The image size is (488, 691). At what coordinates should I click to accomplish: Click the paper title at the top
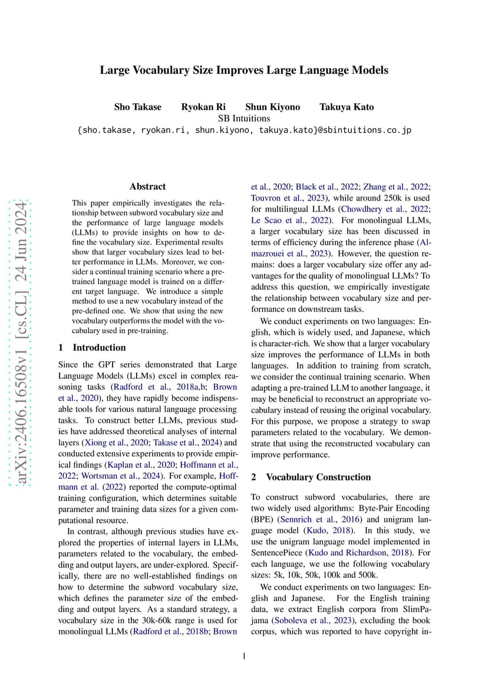[244, 70]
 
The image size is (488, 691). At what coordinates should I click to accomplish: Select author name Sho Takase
[137, 107]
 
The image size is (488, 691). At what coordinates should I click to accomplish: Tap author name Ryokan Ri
[203, 107]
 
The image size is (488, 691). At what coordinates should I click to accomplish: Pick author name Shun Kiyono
[272, 107]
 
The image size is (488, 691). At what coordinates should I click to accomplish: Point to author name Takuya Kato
[347, 107]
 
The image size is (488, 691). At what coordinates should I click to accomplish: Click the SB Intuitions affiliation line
[244, 118]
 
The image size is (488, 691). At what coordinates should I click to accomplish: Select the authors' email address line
[244, 130]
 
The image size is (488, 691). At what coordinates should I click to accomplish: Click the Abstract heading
[147, 186]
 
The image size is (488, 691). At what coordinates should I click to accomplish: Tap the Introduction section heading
[92, 347]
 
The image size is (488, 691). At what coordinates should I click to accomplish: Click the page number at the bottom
[244, 656]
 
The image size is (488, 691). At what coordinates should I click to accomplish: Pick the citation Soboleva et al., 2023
[308, 620]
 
